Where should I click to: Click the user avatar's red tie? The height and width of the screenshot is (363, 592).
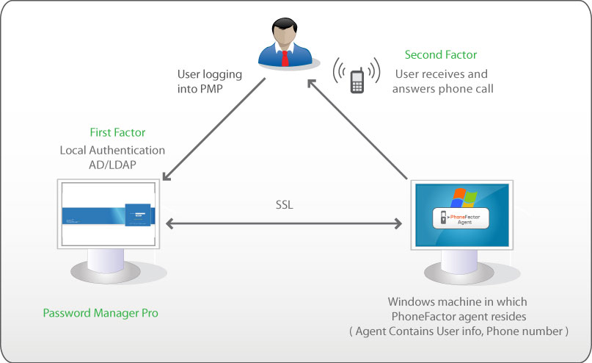(x=285, y=57)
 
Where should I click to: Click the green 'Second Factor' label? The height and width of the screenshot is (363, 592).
(x=441, y=55)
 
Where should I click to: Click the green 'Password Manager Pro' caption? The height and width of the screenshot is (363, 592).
(x=100, y=313)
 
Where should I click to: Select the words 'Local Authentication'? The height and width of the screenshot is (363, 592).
(x=112, y=150)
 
